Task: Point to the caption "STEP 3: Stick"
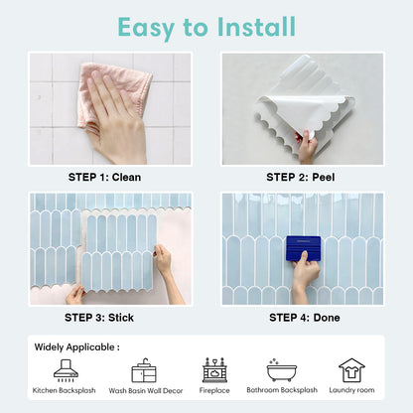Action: click(99, 318)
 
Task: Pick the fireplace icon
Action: click(213, 369)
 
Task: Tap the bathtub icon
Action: click(281, 369)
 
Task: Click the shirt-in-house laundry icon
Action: click(351, 369)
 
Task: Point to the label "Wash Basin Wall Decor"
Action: click(145, 391)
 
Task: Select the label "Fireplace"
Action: click(213, 391)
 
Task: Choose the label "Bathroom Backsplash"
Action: click(281, 391)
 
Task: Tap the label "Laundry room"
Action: click(351, 391)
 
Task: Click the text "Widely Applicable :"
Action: click(77, 347)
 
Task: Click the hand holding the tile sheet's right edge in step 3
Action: click(162, 260)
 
